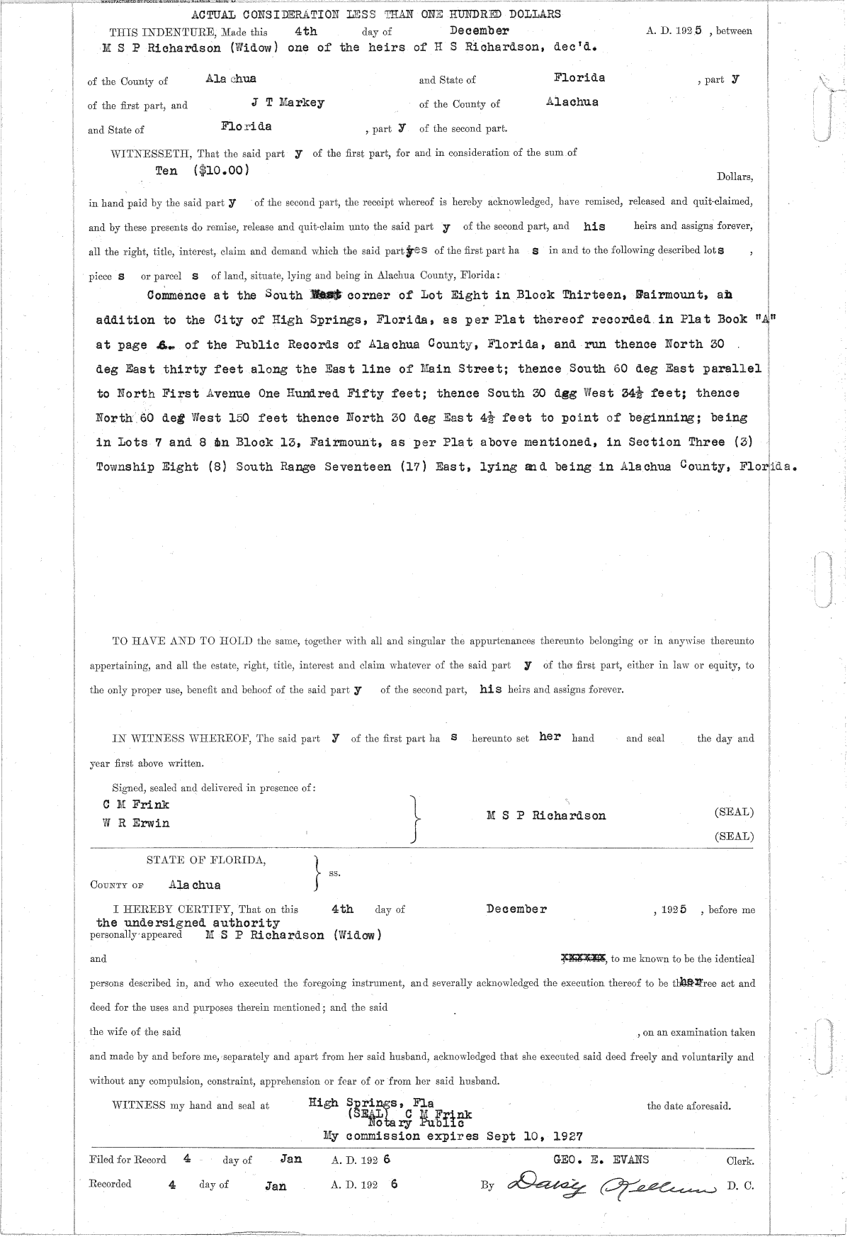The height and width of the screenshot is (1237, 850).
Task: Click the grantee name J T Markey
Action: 288,103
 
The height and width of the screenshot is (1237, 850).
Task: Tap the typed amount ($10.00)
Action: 220,171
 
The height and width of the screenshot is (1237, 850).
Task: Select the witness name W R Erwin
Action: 136,823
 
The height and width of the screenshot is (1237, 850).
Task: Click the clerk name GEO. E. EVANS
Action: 601,1160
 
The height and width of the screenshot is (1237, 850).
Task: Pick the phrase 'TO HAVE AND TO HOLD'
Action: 183,642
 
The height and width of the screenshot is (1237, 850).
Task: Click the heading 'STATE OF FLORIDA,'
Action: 207,861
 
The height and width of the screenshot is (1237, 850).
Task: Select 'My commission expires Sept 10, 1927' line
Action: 453,1136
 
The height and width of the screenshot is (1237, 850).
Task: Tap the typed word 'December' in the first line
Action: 480,30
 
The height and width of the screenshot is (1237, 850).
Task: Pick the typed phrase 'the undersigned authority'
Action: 188,923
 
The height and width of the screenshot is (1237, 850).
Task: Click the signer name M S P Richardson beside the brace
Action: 546,815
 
